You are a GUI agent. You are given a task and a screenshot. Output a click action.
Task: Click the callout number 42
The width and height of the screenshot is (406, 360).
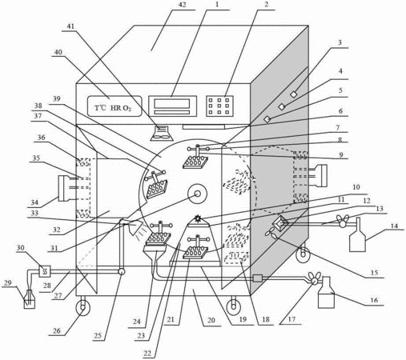coord(182,5)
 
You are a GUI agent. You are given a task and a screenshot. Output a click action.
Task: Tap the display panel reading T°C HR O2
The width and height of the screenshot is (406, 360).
coord(115,106)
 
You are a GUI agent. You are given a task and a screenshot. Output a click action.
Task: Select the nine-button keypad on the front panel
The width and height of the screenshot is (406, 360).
coord(219,106)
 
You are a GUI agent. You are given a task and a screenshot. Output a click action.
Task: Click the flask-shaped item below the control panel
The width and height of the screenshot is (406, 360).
coord(161,133)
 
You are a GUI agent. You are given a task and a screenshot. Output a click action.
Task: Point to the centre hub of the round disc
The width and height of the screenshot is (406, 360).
coord(198,194)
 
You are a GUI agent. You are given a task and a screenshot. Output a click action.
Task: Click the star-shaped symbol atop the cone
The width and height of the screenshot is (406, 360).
coord(198,218)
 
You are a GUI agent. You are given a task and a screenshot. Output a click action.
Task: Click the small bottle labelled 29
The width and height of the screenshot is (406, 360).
coord(30,300)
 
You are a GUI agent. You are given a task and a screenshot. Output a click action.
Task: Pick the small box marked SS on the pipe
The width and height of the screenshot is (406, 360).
coord(45,271)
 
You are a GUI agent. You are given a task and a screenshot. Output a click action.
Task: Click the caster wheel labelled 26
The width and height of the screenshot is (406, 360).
coord(82,307)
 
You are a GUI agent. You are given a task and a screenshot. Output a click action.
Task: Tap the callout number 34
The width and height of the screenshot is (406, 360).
coord(34,202)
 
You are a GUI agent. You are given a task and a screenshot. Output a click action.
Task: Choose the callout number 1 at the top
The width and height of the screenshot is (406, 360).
coord(217,5)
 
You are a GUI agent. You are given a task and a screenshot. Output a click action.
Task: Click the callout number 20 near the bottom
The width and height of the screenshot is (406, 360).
coord(211,320)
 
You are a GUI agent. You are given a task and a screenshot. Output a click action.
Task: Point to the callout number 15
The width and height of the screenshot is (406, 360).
coord(375,273)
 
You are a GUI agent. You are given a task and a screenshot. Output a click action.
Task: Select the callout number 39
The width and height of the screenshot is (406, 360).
coord(57,98)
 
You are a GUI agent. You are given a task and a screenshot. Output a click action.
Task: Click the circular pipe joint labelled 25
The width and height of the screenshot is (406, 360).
coord(122,271)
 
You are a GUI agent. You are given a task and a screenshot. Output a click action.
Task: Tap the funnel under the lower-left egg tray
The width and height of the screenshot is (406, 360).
coord(155,252)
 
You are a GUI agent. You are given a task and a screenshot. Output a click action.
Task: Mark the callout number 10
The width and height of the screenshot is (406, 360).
coord(356,187)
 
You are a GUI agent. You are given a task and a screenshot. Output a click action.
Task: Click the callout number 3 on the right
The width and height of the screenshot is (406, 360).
coord(340,42)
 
